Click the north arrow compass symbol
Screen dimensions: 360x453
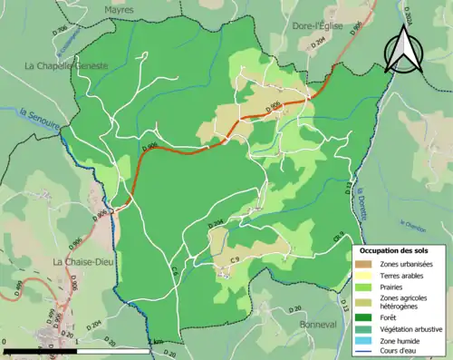[402, 50]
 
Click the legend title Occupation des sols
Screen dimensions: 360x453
[400, 250]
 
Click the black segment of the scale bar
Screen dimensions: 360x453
[40, 351]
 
